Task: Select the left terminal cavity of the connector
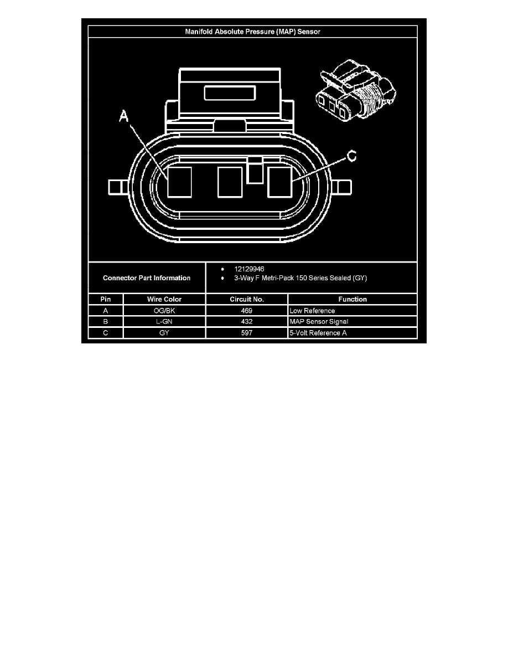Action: (179, 182)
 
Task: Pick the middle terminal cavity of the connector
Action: (230, 182)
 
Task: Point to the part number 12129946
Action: (250, 269)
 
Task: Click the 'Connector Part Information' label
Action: (147, 278)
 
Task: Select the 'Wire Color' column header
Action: (164, 300)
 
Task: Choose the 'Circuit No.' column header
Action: (247, 300)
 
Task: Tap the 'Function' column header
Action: (353, 300)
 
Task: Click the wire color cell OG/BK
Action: (164, 311)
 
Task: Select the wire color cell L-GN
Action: (164, 322)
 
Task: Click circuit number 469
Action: (247, 311)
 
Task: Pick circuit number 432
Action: (247, 322)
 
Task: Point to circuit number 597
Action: (247, 333)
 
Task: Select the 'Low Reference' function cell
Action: (312, 311)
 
